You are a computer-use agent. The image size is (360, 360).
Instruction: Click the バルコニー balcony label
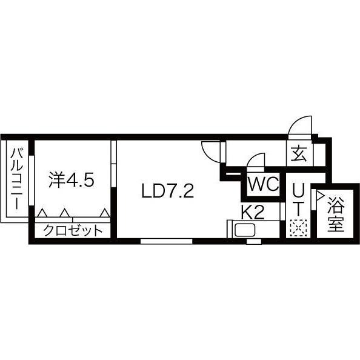pyautogui.click(x=16, y=180)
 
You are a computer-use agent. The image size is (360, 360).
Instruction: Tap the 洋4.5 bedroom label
pyautogui.click(x=72, y=181)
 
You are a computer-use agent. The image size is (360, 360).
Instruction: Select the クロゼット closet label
pyautogui.click(x=73, y=230)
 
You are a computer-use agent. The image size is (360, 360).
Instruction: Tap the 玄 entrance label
pyautogui.click(x=299, y=153)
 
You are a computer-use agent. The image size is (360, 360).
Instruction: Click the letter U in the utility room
pyautogui.click(x=298, y=191)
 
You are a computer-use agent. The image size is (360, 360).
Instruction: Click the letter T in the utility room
pyautogui.click(x=298, y=208)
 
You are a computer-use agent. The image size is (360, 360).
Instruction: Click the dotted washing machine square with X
pyautogui.click(x=298, y=228)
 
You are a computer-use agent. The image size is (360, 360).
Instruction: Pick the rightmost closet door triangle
pyautogui.click(x=105, y=213)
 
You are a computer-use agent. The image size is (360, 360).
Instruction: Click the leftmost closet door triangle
pyautogui.click(x=42, y=213)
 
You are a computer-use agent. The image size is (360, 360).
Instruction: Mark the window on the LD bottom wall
pyautogui.click(x=167, y=241)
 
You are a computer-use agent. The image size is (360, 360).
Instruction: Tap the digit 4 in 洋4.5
pyautogui.click(x=71, y=181)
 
